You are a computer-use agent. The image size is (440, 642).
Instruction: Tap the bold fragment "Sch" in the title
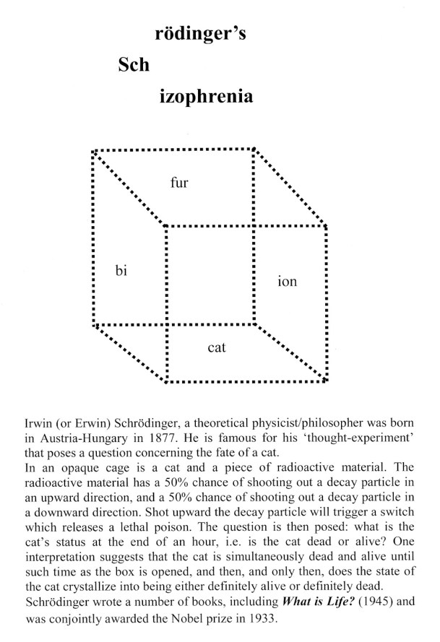(134, 66)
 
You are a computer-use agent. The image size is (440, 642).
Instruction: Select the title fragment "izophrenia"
(206, 96)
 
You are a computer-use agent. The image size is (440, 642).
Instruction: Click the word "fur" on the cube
(179, 183)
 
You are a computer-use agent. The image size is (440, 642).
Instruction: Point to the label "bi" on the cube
(121, 270)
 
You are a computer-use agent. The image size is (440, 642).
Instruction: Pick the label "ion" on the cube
(287, 282)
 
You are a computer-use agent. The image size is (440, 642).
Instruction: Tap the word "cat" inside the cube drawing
(217, 347)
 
